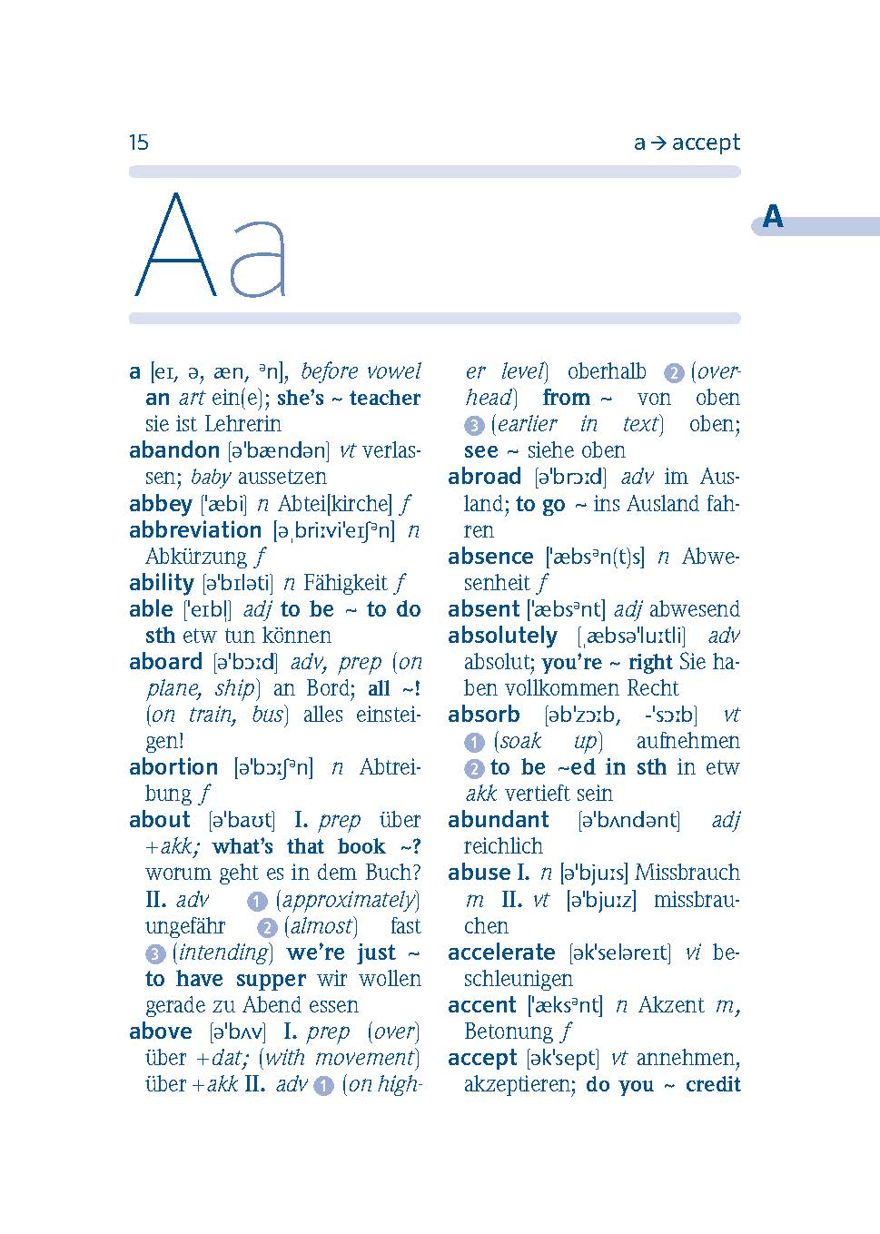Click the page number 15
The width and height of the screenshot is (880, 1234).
[x=138, y=143]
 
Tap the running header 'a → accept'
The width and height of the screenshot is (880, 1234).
[x=687, y=143]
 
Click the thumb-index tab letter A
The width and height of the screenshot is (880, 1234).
[x=773, y=217]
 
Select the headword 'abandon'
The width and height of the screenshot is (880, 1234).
[x=174, y=450]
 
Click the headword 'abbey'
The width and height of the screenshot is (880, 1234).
[x=161, y=504]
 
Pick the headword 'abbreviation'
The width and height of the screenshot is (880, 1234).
[x=195, y=530]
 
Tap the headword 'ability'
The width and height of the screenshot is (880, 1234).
[x=162, y=583]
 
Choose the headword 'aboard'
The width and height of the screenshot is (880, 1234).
[x=165, y=662]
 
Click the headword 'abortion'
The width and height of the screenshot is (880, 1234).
[x=173, y=767]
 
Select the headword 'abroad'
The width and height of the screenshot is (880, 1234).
[x=484, y=477]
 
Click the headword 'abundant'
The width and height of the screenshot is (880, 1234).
[x=499, y=820]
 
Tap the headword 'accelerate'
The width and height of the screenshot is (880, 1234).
[x=501, y=953]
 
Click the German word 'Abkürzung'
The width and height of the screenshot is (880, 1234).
[x=196, y=557]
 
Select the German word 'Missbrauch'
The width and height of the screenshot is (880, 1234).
[x=687, y=873]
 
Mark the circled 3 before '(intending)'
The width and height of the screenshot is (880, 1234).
[x=155, y=954]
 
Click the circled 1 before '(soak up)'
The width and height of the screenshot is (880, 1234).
[x=474, y=743]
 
